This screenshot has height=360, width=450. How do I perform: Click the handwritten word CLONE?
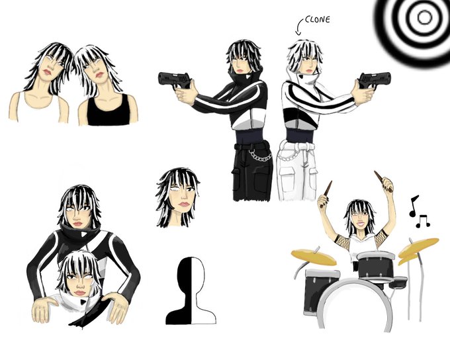click(x=317, y=19)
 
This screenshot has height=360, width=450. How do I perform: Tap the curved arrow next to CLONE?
click(x=298, y=26)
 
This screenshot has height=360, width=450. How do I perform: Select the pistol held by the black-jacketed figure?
click(x=174, y=80)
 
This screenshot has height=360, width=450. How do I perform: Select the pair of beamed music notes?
click(x=423, y=221)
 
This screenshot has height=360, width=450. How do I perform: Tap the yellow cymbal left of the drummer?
click(x=314, y=257)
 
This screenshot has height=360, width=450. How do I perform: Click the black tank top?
click(x=108, y=111)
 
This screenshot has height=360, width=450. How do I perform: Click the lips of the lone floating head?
click(x=184, y=204)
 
